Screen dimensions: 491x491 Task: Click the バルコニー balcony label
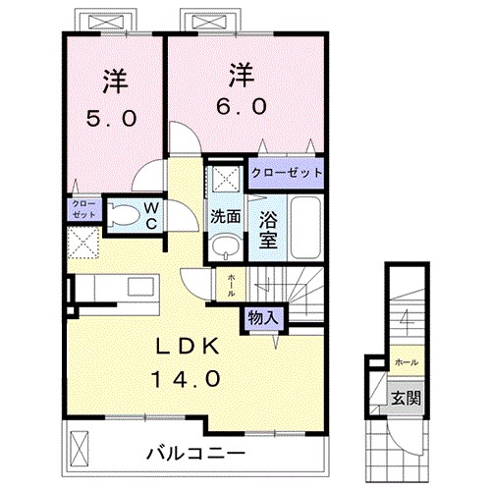(195, 453)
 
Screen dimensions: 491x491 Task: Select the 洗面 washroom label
(224, 217)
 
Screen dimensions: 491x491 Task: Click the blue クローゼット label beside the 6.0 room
(287, 172)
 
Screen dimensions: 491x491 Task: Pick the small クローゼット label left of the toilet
(82, 209)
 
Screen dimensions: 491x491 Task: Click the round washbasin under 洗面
(225, 245)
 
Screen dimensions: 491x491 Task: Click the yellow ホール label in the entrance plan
(405, 361)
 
